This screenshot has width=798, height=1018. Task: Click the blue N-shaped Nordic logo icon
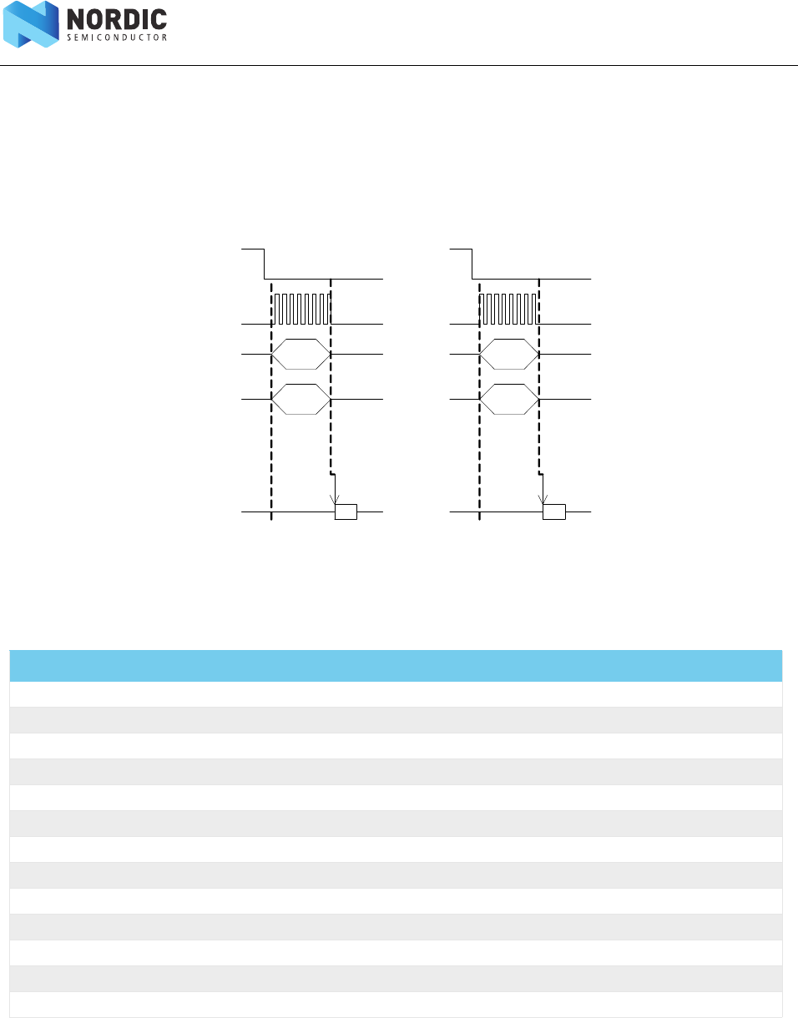click(31, 24)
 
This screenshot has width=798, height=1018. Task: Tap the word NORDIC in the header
click(117, 19)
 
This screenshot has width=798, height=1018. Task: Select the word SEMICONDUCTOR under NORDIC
click(117, 38)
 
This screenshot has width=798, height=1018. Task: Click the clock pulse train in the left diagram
click(302, 309)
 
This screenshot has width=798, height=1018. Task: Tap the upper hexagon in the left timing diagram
click(302, 355)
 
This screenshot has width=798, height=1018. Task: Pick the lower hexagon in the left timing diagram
click(302, 400)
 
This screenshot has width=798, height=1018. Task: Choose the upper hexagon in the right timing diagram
click(510, 355)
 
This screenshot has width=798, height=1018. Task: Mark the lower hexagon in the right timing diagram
click(510, 400)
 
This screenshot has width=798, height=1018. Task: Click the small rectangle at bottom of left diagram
click(346, 512)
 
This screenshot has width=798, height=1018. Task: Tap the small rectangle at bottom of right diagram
click(553, 512)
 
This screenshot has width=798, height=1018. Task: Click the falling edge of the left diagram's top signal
click(265, 264)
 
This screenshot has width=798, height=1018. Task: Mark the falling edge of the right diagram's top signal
click(472, 264)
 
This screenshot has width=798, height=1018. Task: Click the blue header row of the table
click(396, 666)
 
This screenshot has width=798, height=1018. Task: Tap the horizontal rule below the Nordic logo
click(399, 66)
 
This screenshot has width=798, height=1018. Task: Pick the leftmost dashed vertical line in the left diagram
click(271, 401)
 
